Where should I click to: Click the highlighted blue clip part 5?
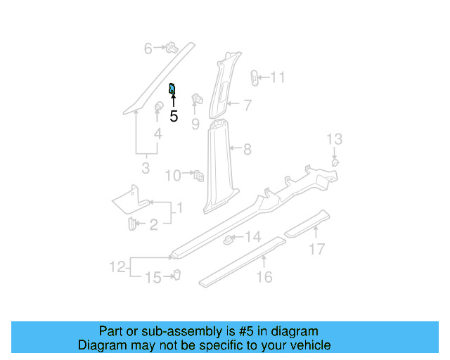[172, 89]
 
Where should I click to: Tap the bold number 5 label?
[174, 117]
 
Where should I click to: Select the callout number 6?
[148, 49]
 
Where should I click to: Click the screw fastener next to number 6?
[171, 49]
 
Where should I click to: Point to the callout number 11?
[278, 77]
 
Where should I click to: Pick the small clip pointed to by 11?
[255, 77]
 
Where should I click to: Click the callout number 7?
[247, 105]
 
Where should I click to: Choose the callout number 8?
[247, 150]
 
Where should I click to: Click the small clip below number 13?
[335, 162]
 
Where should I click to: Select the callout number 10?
[173, 176]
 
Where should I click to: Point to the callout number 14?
[253, 237]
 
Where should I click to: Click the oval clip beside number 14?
[229, 240]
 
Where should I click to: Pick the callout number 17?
[318, 248]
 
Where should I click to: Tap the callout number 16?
[264, 277]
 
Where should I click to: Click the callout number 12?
[117, 267]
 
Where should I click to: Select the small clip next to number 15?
[177, 276]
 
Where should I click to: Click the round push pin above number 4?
[159, 107]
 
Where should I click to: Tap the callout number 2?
[153, 225]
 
